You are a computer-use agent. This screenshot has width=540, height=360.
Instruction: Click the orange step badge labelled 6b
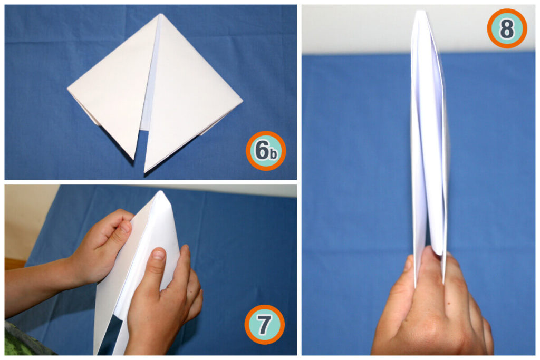pyautogui.click(x=266, y=151)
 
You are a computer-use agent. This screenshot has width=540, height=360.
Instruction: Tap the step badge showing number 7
pyautogui.click(x=264, y=324)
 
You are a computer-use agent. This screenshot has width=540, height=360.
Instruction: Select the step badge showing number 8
pyautogui.click(x=507, y=28)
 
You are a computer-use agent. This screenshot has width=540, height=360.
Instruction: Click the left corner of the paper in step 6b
pyautogui.click(x=68, y=90)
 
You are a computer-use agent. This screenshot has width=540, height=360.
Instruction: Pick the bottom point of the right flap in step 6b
pyautogui.click(x=145, y=172)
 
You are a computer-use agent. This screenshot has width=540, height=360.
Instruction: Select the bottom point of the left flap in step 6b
pyautogui.click(x=133, y=158)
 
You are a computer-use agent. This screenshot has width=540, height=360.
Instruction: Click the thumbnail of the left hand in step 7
pyautogui.click(x=126, y=226)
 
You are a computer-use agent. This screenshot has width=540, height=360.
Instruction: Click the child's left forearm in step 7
pyautogui.click(x=37, y=285)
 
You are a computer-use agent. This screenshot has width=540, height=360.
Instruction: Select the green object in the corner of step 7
pyautogui.click(x=21, y=343)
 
